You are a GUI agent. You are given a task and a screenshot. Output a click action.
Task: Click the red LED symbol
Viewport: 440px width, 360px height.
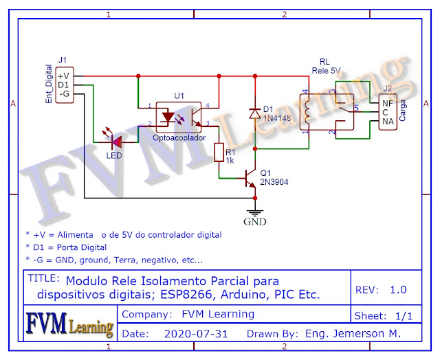(115, 142)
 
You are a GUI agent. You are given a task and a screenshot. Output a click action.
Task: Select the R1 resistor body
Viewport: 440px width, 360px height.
(219, 153)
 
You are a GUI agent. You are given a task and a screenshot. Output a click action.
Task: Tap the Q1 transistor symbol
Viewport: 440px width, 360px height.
(250, 178)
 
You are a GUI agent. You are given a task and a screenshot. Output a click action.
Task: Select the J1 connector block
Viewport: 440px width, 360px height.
(64, 85)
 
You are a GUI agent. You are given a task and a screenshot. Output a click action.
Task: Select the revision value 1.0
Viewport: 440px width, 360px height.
(398, 289)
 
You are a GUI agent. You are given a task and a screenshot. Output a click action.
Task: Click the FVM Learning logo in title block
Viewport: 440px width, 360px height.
(69, 325)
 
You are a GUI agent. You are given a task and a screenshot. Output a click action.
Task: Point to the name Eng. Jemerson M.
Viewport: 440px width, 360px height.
(350, 334)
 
